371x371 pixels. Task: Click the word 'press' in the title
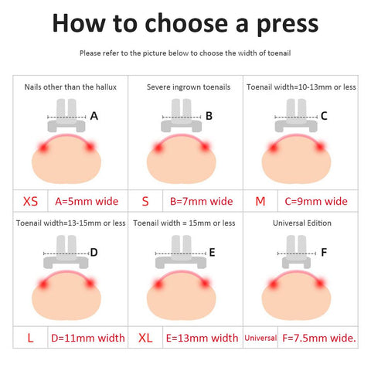pyautogui.click(x=288, y=25)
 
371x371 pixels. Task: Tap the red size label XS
pyautogui.click(x=30, y=201)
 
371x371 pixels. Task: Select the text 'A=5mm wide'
pyautogui.click(x=87, y=201)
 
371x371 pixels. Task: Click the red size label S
pyautogui.click(x=145, y=201)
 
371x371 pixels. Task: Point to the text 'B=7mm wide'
pyautogui.click(x=202, y=201)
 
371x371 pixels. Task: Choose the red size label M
pyautogui.click(x=260, y=201)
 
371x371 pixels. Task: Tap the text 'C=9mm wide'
pyautogui.click(x=316, y=201)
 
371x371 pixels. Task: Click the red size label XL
pyautogui.click(x=145, y=338)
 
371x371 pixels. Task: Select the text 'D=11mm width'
pyautogui.click(x=88, y=338)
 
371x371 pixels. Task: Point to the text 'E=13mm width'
pyautogui.click(x=203, y=338)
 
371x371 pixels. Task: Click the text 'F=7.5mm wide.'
pyautogui.click(x=319, y=338)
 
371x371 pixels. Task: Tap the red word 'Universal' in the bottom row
pyautogui.click(x=260, y=338)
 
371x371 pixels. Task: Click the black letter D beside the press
pyautogui.click(x=94, y=252)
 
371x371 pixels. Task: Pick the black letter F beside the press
pyautogui.click(x=324, y=252)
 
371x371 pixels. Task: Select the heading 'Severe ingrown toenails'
pyautogui.click(x=189, y=87)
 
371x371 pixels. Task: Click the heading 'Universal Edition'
pyautogui.click(x=302, y=223)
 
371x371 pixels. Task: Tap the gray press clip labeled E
pyautogui.click(x=181, y=252)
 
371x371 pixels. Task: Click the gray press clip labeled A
pyautogui.click(x=66, y=115)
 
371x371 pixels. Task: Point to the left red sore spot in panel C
pyautogui.click(x=273, y=148)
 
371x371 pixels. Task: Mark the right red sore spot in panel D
pyautogui.click(x=90, y=284)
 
